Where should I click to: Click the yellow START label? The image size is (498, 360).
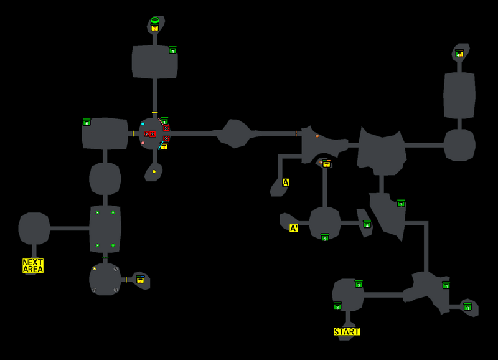[x=347, y=331]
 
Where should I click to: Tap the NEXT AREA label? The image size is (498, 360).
[x=33, y=266]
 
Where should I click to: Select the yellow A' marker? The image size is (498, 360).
[x=294, y=228]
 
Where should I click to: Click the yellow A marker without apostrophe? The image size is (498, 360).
[x=286, y=182]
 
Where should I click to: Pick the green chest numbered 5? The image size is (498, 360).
[x=324, y=237]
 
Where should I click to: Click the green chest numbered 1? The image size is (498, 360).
[x=164, y=121]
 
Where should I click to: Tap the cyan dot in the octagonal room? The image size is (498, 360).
[x=143, y=124]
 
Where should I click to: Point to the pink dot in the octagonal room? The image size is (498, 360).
[x=143, y=143]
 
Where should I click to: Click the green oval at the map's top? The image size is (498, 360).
[x=154, y=20]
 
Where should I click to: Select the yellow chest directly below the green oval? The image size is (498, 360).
[x=154, y=27]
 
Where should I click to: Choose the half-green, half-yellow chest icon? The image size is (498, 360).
[x=459, y=54]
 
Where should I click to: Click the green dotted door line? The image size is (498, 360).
[x=105, y=258]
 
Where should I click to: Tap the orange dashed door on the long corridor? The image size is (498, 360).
[x=296, y=133]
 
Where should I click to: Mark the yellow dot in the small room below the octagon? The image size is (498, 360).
[x=154, y=171]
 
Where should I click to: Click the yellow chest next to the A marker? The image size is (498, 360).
[x=326, y=164]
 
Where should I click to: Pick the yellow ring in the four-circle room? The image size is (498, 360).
[x=95, y=268]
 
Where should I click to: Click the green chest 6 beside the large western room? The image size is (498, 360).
[x=87, y=122]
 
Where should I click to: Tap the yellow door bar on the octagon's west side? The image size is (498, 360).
[x=133, y=133]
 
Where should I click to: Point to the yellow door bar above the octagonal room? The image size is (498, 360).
[x=154, y=113]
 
